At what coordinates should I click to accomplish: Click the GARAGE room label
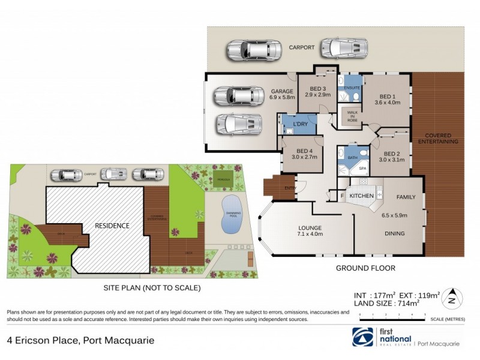pyautogui.click(x=281, y=91)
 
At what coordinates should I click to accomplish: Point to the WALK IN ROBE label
pyautogui.click(x=349, y=114)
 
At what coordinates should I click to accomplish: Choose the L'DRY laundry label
pyautogui.click(x=300, y=124)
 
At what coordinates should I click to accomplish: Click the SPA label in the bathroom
pyautogui.click(x=362, y=169)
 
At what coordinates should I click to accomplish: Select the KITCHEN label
pyautogui.click(x=362, y=196)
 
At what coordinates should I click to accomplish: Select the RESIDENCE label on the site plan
pyautogui.click(x=112, y=226)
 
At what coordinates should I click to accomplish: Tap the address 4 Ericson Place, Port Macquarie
pyautogui.click(x=80, y=340)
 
